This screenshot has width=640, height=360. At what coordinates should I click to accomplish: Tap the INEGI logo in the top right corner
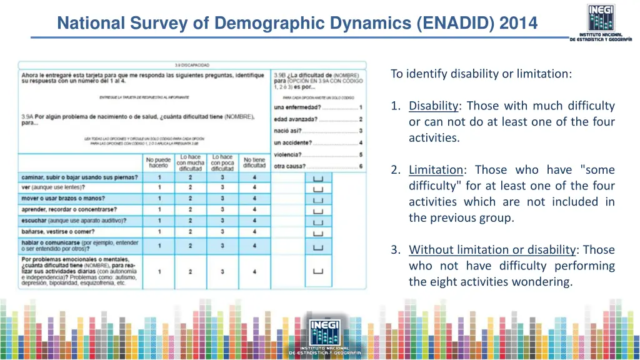point(600,21)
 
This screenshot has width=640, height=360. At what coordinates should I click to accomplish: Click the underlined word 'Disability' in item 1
point(434,106)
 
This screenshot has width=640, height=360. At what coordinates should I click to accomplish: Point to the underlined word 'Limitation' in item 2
point(436,170)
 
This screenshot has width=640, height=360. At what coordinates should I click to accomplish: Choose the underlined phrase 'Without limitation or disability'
point(492,250)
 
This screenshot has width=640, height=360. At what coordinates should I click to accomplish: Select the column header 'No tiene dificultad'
point(254,162)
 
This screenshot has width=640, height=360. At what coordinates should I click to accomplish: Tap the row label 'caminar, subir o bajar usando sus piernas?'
point(79,177)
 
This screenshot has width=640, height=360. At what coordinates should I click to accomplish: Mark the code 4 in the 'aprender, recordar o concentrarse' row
point(254,209)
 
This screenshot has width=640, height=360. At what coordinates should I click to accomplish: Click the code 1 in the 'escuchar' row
point(159,221)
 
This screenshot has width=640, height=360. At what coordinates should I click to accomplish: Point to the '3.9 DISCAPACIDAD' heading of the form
point(192,64)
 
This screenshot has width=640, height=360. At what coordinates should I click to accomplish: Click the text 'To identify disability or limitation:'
point(481,74)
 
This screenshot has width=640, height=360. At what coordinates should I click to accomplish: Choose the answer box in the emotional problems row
point(317,271)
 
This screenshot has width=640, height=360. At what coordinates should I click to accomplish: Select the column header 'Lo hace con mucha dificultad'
point(191,162)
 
